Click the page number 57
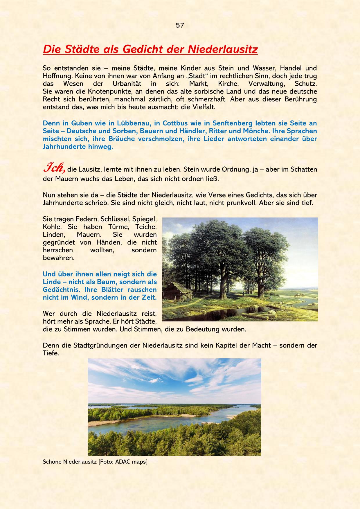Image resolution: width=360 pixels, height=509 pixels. point(180,25)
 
